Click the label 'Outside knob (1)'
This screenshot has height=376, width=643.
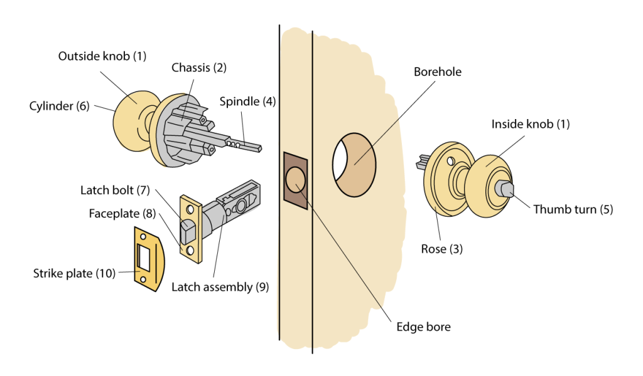point(102,56)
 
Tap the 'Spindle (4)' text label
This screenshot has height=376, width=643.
point(247,101)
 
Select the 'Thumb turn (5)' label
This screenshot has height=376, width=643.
point(573,209)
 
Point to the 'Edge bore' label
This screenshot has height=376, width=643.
point(423,326)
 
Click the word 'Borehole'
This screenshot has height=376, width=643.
point(437,72)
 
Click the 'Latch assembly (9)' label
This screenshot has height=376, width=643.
point(220,287)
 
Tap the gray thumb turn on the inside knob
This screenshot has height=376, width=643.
point(505,187)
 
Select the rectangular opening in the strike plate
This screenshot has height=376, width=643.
point(143,258)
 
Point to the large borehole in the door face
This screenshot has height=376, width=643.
point(355,164)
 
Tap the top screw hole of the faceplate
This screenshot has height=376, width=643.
point(188,207)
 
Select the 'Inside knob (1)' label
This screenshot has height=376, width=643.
point(531,124)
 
